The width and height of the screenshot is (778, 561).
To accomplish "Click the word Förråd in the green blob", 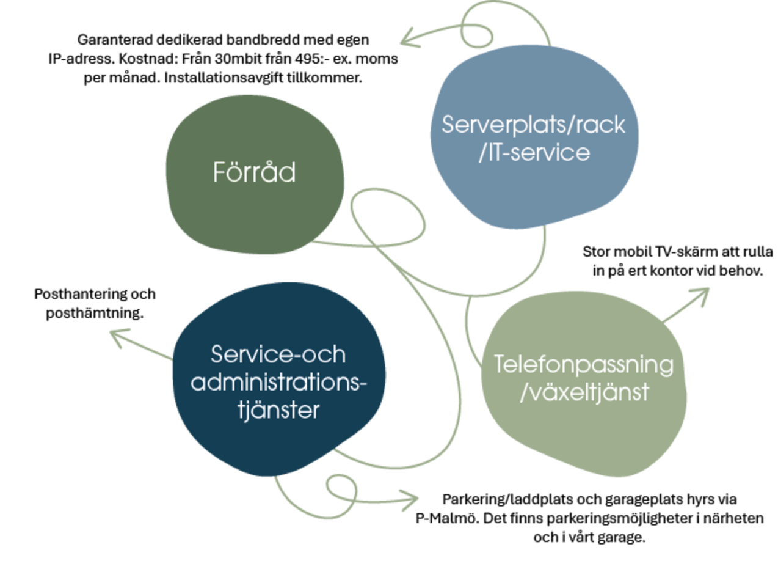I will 254,172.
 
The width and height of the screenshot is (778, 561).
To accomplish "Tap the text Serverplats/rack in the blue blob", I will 533,125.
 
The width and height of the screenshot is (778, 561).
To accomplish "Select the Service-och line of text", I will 278,355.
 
